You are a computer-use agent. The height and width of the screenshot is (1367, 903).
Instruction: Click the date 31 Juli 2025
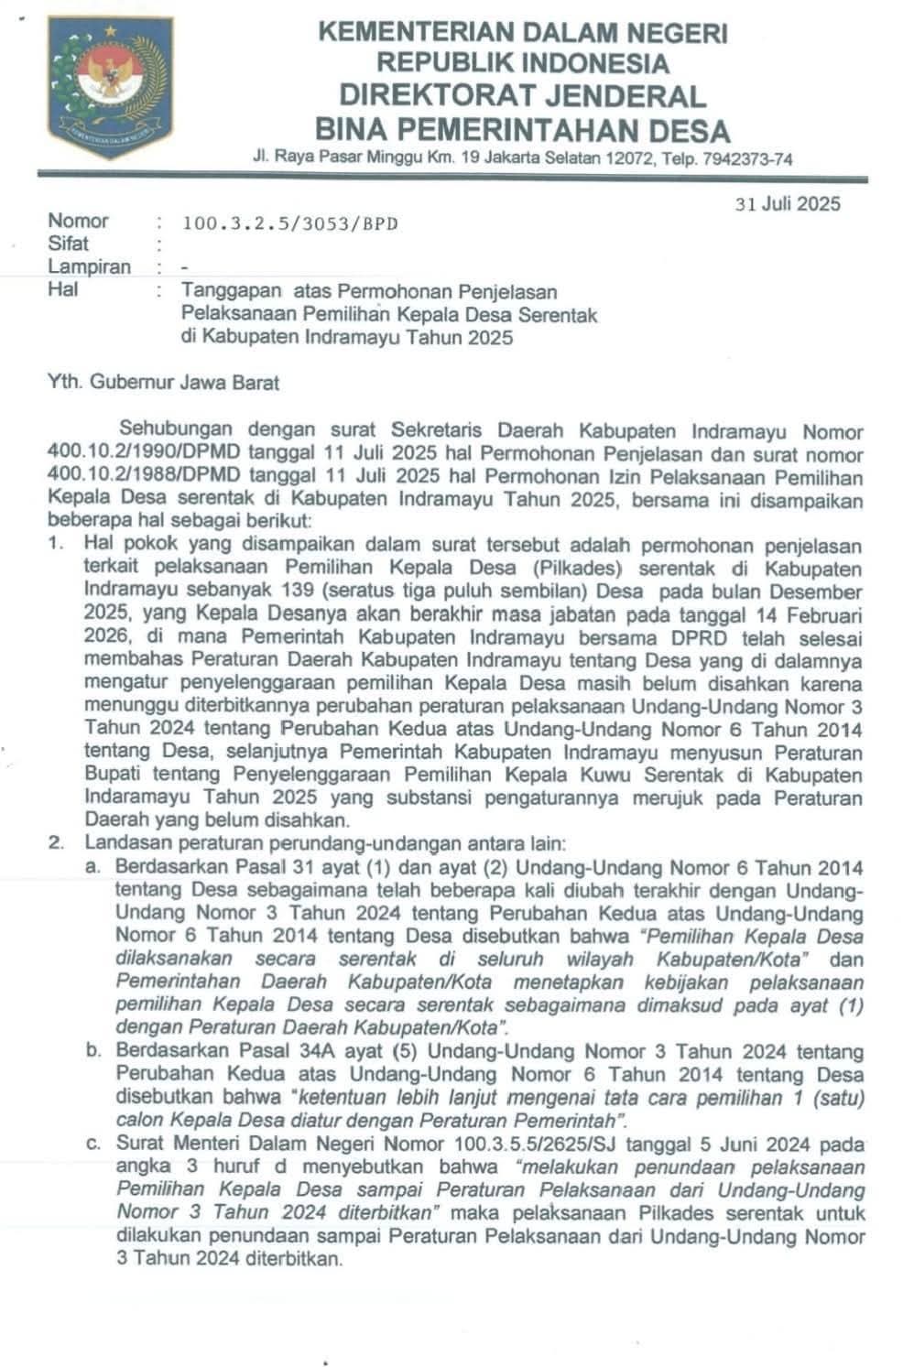click(788, 204)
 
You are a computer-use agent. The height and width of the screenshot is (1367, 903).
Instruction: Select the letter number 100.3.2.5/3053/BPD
click(289, 222)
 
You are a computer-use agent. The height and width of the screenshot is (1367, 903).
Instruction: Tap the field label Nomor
click(78, 221)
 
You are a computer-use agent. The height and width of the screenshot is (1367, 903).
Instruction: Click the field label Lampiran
click(89, 267)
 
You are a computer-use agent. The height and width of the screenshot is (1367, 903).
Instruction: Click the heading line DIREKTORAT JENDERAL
click(522, 95)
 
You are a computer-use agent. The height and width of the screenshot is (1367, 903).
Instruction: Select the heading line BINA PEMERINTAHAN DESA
click(522, 129)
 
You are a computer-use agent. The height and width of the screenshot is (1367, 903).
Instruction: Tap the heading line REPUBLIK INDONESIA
click(522, 63)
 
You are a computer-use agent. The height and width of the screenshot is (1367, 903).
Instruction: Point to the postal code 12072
click(632, 159)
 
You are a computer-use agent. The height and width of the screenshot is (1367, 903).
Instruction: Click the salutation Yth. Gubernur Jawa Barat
click(163, 383)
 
